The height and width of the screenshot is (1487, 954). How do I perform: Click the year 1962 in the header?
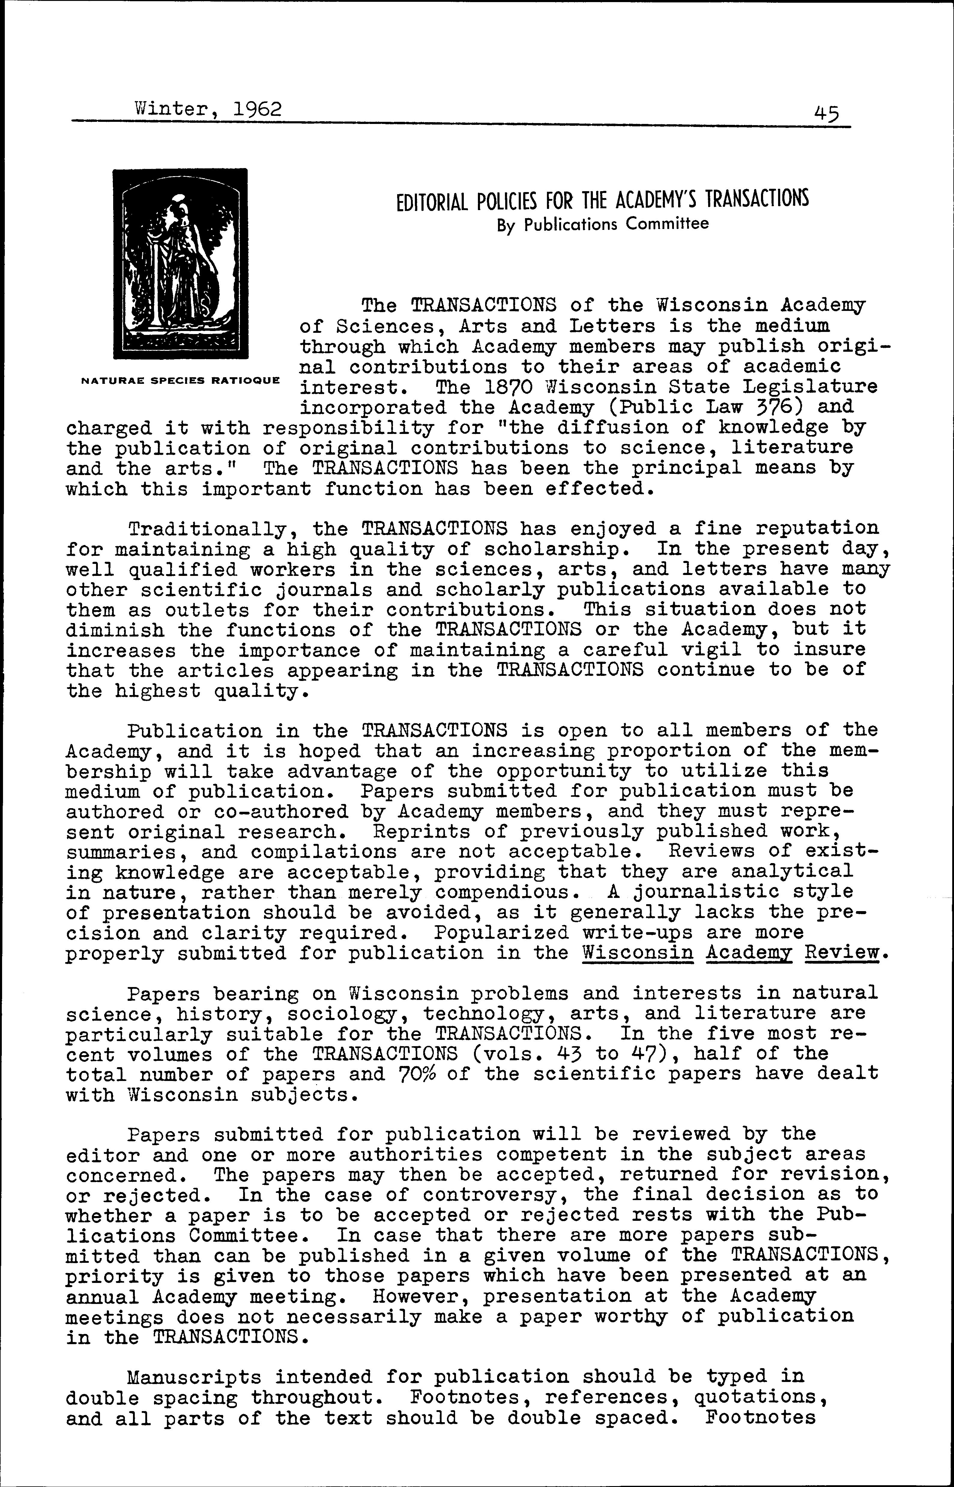[258, 109]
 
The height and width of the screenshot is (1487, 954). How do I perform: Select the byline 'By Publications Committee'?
[603, 224]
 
